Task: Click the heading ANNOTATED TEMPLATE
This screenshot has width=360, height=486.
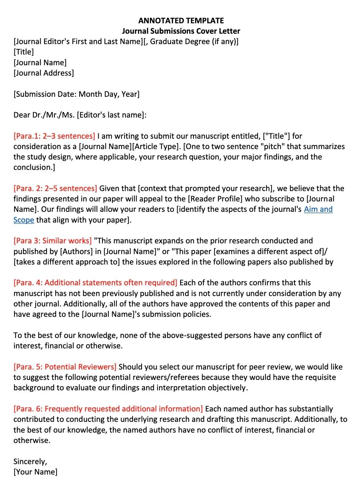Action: pos(181,20)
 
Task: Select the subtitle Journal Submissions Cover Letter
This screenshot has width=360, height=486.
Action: pos(181,31)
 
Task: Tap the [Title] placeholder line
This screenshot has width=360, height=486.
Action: pos(24,52)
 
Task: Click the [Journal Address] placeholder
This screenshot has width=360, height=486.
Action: pos(44,73)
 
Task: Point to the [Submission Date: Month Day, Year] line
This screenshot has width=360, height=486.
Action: pos(76,94)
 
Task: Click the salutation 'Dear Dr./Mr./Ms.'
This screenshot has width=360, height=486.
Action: pos(44,115)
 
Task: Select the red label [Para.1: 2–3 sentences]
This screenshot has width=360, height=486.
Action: pos(54,136)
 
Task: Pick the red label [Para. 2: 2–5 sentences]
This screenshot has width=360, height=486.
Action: pos(55,189)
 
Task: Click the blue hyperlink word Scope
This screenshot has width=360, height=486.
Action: pos(24,220)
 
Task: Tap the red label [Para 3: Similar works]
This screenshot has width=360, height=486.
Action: pos(52,241)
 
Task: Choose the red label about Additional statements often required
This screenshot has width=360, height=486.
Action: pos(95,283)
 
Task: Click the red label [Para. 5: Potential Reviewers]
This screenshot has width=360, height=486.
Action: pos(65,367)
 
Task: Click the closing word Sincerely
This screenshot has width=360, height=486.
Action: pos(30,462)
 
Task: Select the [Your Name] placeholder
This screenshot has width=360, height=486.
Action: pos(35,472)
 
